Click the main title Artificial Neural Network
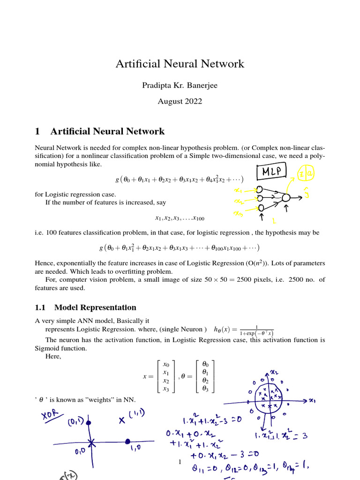(x=180, y=64)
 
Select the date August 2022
(x=180, y=101)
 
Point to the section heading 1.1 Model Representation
(x=86, y=307)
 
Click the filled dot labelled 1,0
(x=128, y=442)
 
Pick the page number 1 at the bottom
(x=180, y=463)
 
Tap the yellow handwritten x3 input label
(x=239, y=214)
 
